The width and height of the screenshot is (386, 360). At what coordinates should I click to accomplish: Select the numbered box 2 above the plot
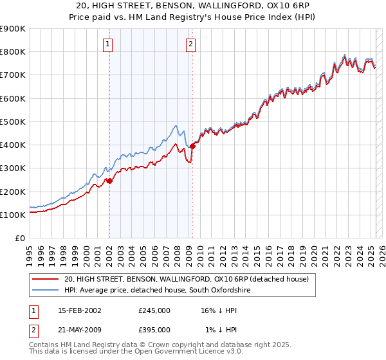pos(191,44)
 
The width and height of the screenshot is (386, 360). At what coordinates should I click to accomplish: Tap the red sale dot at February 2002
pos(109,181)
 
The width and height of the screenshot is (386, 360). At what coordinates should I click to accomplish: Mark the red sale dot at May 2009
pos(192,146)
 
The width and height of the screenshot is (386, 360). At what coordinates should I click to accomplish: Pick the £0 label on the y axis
pos(19,239)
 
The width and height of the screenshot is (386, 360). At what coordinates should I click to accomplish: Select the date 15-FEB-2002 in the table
pos(78,310)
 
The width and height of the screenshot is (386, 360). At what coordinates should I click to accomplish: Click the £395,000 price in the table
pos(154,329)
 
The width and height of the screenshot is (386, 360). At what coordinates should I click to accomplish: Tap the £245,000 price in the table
pos(154,310)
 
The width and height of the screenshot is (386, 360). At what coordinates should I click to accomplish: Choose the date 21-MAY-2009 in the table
pos(79,329)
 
